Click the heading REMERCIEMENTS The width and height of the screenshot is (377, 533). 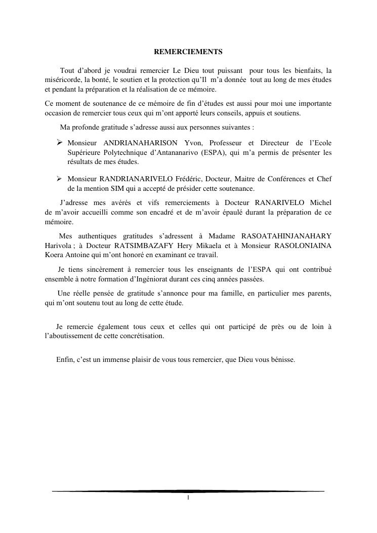tap(188, 52)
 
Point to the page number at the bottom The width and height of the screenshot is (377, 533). tap(188, 498)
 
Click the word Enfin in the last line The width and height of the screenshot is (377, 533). tap(65, 360)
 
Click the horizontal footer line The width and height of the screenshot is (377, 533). tap(188, 491)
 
